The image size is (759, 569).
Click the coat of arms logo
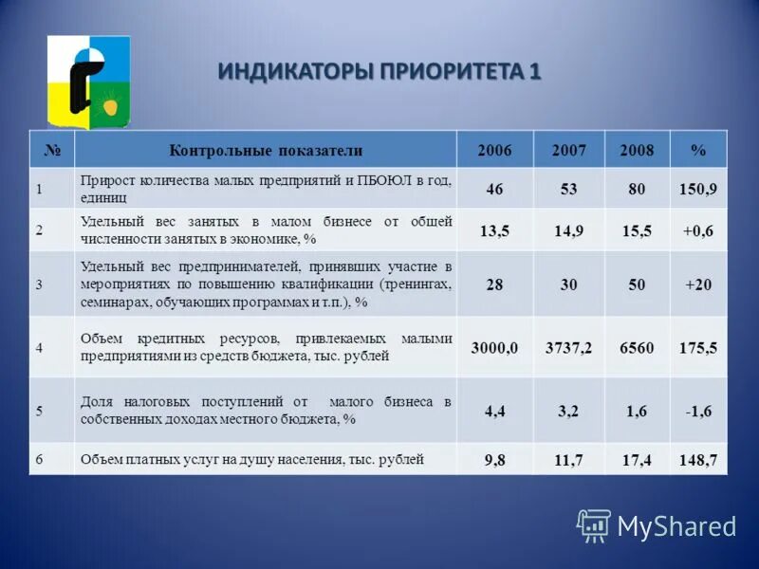coord(88,83)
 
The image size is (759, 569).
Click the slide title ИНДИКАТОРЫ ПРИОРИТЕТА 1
coord(379,72)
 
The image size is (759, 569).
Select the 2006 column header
coord(494,151)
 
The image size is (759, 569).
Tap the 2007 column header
coord(569,151)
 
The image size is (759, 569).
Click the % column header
coord(698,151)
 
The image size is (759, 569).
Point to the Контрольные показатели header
coord(266,151)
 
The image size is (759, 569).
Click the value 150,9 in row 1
coord(698,190)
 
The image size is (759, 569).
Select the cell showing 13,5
coord(494,229)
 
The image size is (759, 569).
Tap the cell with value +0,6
coord(698,229)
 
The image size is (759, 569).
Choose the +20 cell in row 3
coord(698,284)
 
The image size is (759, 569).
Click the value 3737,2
coord(569,348)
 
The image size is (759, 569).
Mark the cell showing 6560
coord(636,348)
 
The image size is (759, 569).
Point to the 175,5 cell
coord(698,348)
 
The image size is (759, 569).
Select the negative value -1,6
coord(698,411)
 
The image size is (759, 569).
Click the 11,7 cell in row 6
coord(569,460)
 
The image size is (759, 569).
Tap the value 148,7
coord(698,460)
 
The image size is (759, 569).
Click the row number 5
coord(40,411)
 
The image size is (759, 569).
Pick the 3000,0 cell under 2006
coord(494,348)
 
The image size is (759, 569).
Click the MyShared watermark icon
coord(594,524)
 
